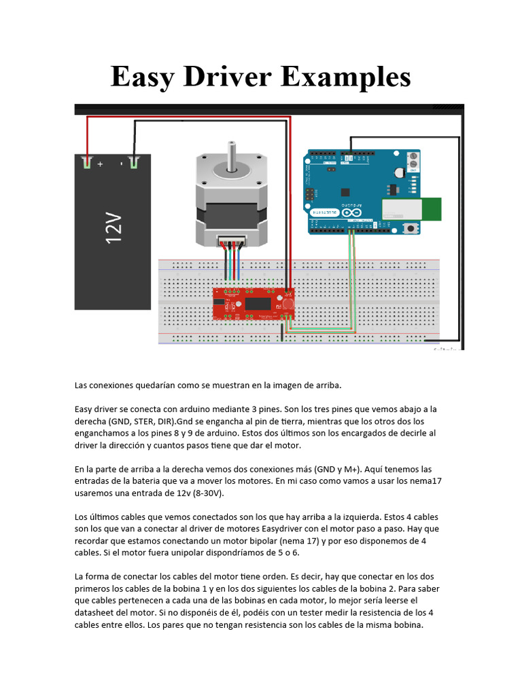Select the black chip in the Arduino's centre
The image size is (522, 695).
coord(345,192)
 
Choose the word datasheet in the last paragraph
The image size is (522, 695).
coord(97,613)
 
